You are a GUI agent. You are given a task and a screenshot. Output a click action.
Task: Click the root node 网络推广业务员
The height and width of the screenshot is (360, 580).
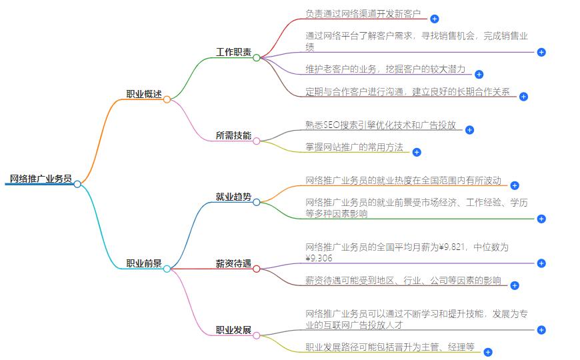[x=41, y=178]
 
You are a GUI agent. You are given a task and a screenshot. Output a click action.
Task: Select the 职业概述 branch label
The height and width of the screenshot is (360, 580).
[x=144, y=94]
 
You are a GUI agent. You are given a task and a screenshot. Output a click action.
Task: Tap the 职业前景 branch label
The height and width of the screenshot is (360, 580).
[x=144, y=263]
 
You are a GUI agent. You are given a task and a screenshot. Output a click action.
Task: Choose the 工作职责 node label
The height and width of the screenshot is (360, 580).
[x=233, y=52]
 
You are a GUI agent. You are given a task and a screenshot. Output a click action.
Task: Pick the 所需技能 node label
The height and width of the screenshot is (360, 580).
[x=233, y=135]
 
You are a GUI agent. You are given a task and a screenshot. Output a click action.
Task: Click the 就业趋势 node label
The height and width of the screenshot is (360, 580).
[x=233, y=197]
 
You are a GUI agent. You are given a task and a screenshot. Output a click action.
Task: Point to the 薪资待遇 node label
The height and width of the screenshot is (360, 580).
[x=233, y=264]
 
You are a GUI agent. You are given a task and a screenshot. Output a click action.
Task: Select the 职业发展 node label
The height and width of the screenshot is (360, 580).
[x=233, y=330]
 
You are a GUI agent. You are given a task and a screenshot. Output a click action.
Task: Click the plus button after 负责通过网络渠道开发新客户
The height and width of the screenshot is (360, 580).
[x=435, y=19]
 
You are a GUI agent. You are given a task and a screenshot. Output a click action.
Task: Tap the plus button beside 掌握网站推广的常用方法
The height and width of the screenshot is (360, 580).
[x=417, y=152]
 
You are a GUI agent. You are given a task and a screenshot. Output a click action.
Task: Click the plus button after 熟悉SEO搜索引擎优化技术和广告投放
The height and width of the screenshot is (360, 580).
[x=469, y=130]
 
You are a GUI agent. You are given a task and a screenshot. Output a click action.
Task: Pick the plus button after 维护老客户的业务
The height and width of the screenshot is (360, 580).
[x=479, y=75]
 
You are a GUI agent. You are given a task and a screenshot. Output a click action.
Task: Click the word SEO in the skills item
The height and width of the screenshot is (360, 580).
[x=331, y=125]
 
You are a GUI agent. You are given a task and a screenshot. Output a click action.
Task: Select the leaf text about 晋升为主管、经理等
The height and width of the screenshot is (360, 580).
[x=390, y=347]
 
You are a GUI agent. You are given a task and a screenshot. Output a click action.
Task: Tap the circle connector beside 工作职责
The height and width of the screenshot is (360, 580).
[x=257, y=58]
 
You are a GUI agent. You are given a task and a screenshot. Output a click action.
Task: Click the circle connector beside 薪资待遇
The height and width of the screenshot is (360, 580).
[x=257, y=269]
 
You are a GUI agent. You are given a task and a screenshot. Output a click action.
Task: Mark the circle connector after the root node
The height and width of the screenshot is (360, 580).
[x=77, y=184]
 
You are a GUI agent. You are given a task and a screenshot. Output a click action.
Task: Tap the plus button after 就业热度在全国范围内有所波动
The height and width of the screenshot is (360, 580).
[x=515, y=185]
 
